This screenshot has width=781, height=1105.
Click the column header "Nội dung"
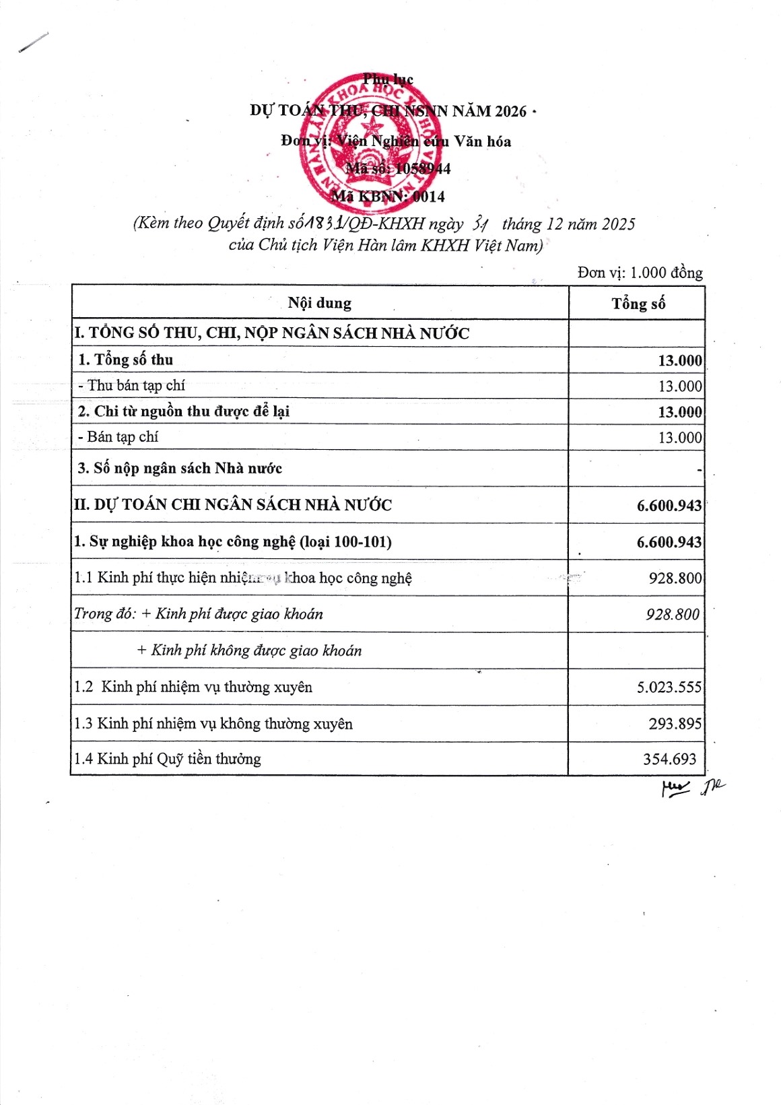tap(319, 303)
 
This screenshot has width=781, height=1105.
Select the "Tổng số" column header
tap(638, 304)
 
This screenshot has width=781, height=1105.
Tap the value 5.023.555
tap(669, 687)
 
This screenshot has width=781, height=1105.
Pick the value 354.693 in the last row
tap(669, 759)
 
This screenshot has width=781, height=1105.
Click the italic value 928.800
tap(672, 614)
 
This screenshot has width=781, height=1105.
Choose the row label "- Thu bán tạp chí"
tap(131, 385)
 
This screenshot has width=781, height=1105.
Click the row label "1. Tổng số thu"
tap(126, 360)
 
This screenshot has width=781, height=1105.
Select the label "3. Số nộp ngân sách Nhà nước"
tap(180, 468)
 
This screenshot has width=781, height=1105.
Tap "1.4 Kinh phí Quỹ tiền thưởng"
tap(168, 759)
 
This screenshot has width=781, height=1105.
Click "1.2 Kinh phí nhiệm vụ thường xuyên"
tap(193, 687)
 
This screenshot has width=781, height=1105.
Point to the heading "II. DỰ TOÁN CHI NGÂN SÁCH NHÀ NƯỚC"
tap(233, 504)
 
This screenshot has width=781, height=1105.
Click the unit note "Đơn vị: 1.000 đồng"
tap(640, 272)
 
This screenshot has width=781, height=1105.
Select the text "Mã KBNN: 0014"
tap(388, 197)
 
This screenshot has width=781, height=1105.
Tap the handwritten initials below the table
tap(692, 786)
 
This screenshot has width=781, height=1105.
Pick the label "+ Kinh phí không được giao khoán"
tap(249, 650)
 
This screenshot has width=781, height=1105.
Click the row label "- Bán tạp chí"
tap(118, 437)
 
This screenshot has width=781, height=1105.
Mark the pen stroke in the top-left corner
tap(34, 42)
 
